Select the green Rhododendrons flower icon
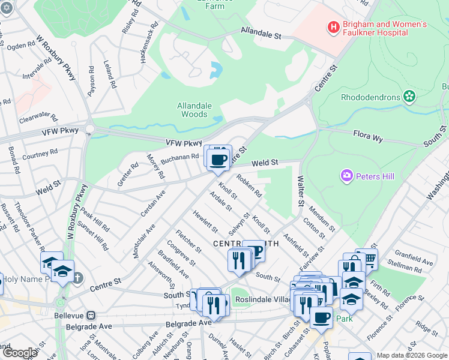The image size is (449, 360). coord(409,96)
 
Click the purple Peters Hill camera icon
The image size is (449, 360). coord(346,175)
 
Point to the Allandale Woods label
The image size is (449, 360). coord(194,110)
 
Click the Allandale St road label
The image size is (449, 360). coord(261,33)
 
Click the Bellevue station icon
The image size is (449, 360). coord(91,315)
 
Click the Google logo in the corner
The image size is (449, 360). coord(20,353)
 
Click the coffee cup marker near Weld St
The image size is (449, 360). coord(218,159)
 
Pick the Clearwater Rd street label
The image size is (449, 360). coord(37,118)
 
